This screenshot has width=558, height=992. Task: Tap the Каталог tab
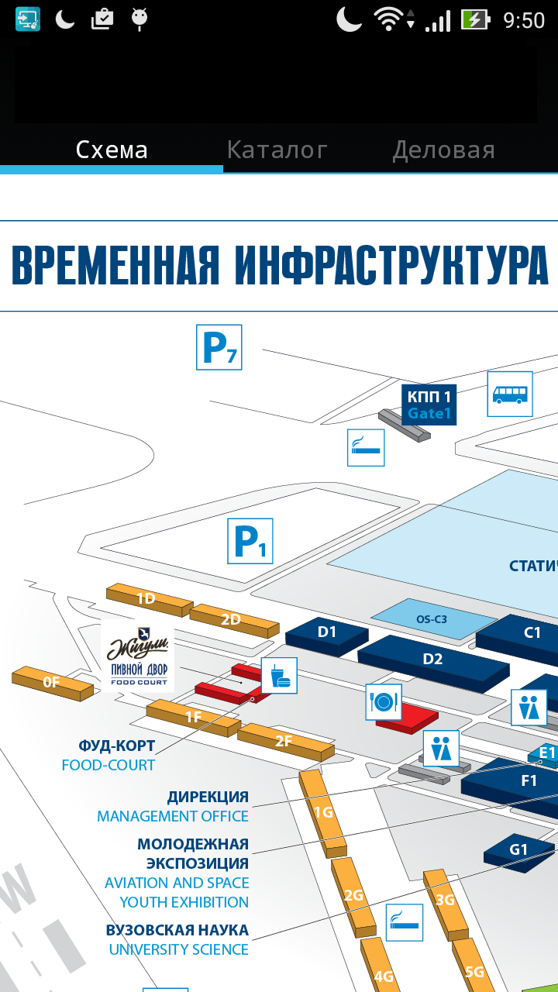pyautogui.click(x=277, y=150)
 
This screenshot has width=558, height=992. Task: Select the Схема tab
pyautogui.click(x=112, y=150)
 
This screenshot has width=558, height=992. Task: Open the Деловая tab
pyautogui.click(x=443, y=150)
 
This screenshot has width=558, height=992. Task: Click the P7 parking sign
pyautogui.click(x=219, y=347)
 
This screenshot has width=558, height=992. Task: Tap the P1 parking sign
pyautogui.click(x=250, y=541)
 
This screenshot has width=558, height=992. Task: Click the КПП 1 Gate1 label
pyautogui.click(x=429, y=405)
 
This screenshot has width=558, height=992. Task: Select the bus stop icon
pyautogui.click(x=509, y=394)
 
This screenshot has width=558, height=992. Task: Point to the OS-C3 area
pyautogui.click(x=432, y=619)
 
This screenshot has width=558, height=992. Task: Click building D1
pyautogui.click(x=327, y=633)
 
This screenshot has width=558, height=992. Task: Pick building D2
pyautogui.click(x=432, y=660)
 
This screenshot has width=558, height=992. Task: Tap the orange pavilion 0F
pyautogui.click(x=52, y=682)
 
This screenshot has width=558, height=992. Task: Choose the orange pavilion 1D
pyautogui.click(x=146, y=598)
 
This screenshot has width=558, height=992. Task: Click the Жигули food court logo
pyautogui.click(x=138, y=656)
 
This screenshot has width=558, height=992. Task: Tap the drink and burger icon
pyautogui.click(x=279, y=675)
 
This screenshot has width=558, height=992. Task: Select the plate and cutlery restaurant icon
pyautogui.click(x=384, y=702)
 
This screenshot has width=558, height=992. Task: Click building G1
pyautogui.click(x=518, y=850)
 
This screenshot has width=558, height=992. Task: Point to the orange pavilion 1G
pyautogui.click(x=323, y=812)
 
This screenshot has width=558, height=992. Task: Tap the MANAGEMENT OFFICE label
pyautogui.click(x=173, y=816)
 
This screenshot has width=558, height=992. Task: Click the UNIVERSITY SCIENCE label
pyautogui.click(x=178, y=949)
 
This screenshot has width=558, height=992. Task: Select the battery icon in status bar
pyautogui.click(x=474, y=19)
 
